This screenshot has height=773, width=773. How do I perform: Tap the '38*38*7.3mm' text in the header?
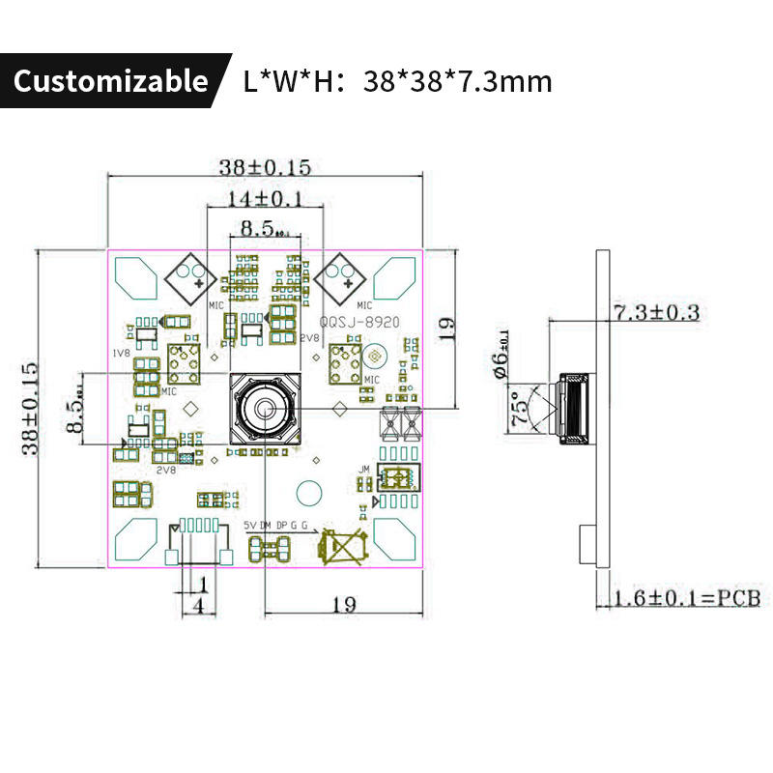tap(458, 81)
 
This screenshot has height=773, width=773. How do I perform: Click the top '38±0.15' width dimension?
tap(265, 166)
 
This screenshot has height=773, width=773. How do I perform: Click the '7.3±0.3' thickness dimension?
tap(656, 312)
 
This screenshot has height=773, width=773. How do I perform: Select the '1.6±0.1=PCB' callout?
tap(688, 599)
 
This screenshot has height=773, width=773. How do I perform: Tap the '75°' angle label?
tap(522, 407)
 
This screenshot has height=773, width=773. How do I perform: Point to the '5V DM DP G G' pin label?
tap(276, 524)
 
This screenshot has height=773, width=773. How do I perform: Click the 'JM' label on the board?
tap(364, 470)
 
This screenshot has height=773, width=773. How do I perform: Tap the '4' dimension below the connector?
tap(198, 606)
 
